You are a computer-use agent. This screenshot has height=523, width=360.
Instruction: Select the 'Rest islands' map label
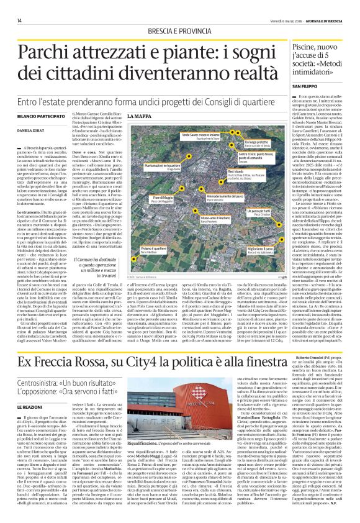tap(253, 170)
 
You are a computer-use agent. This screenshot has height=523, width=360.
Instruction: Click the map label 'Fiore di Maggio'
tap(149, 196)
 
